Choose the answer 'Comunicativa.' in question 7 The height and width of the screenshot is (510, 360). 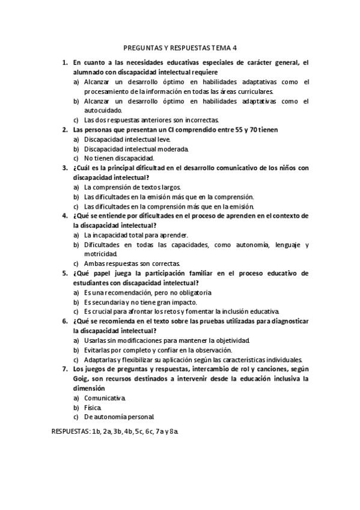(105, 398)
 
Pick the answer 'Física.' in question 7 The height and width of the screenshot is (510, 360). (94, 408)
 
